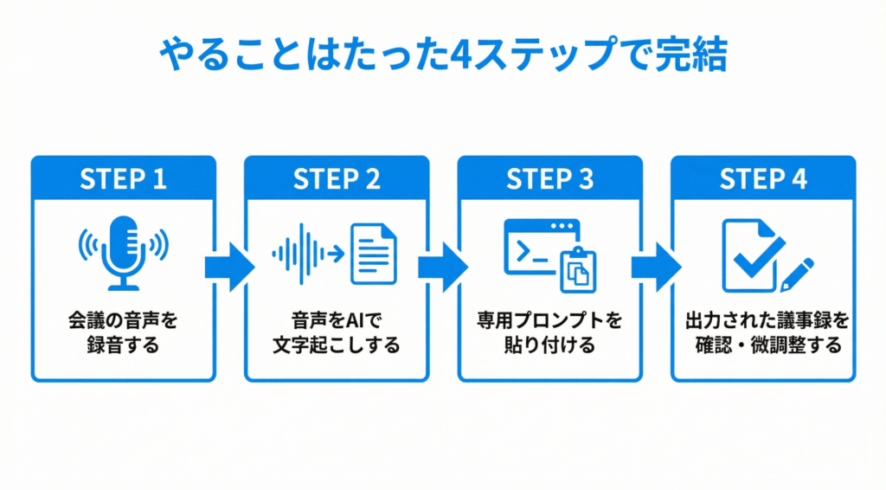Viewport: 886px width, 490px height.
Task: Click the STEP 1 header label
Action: pos(123,179)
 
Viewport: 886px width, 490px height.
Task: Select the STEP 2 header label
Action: pos(337,179)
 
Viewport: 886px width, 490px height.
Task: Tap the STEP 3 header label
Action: pos(549,179)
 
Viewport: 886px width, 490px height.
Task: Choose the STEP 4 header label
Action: pos(763,179)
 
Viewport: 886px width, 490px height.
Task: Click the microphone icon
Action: pos(122,252)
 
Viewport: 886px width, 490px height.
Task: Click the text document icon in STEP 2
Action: pos(372,253)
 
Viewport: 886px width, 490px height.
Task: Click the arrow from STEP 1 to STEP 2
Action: pos(229,268)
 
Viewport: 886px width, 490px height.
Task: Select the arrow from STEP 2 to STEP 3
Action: pos(443,268)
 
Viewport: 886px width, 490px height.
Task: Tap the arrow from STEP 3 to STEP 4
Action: pos(656,268)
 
